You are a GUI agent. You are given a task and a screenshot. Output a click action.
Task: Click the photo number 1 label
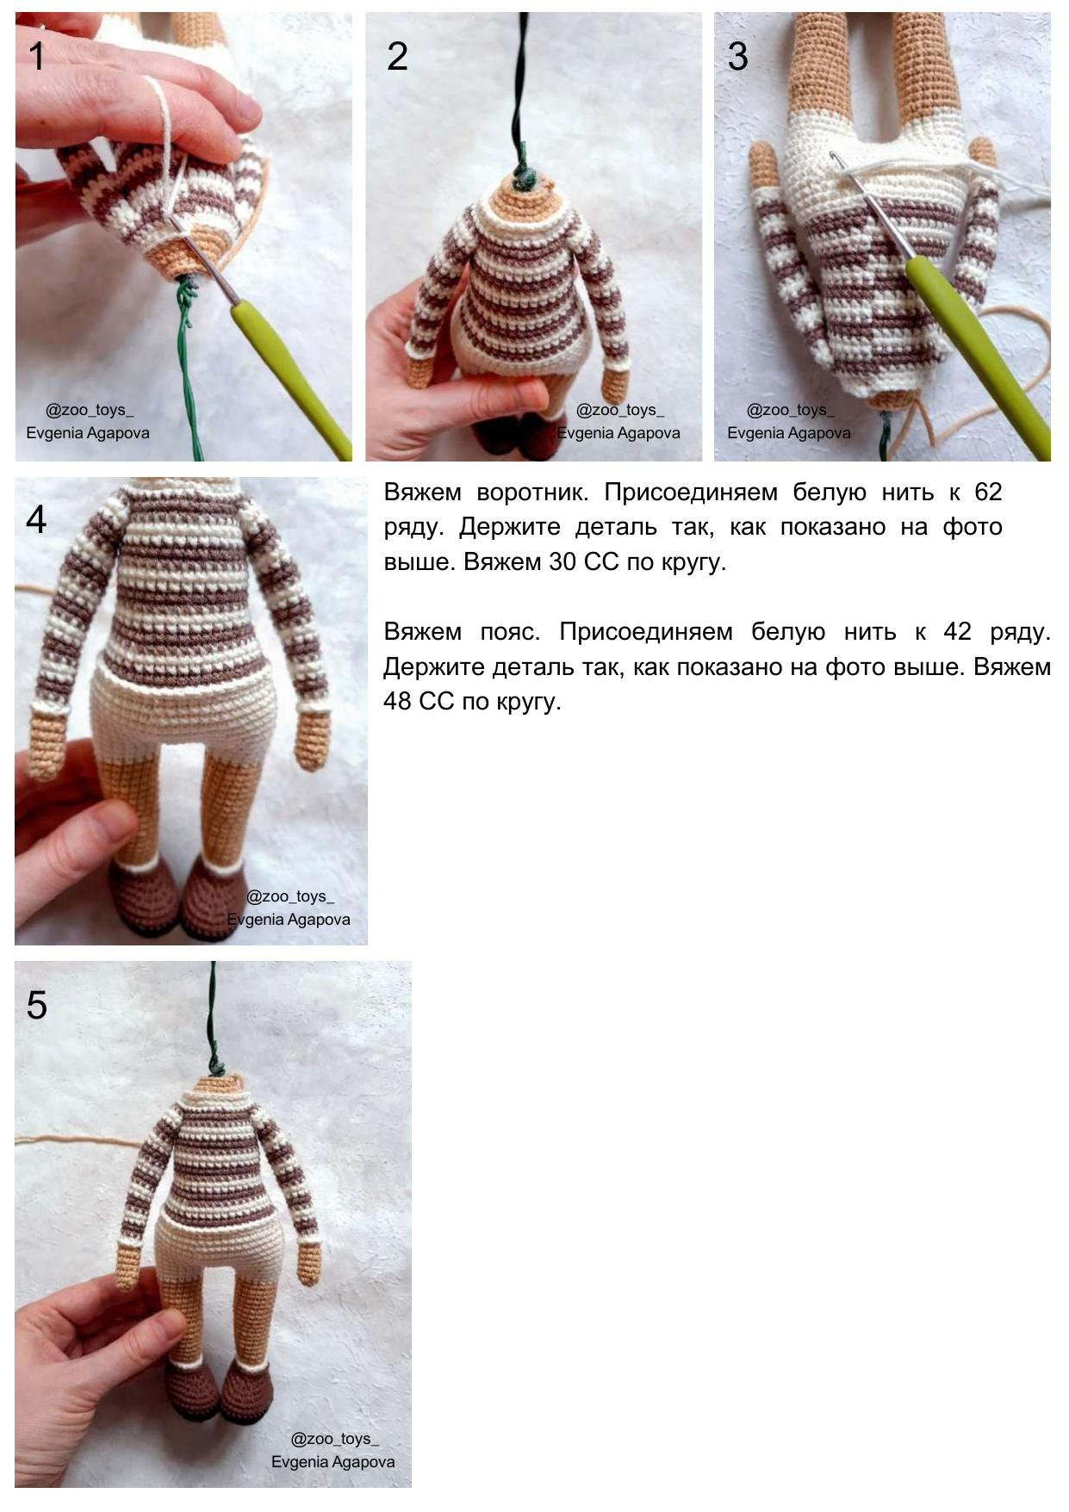click(x=36, y=57)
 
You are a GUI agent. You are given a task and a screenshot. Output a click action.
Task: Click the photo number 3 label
click(x=737, y=57)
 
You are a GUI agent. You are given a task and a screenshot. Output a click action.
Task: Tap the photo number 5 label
click(x=36, y=1006)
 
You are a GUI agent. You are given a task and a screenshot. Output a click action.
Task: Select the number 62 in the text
click(x=988, y=493)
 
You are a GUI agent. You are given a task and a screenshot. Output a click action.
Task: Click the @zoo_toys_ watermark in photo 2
click(x=619, y=411)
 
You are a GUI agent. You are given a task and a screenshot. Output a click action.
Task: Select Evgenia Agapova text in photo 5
click(x=333, y=1462)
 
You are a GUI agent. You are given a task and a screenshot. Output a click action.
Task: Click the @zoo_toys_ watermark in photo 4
click(x=289, y=896)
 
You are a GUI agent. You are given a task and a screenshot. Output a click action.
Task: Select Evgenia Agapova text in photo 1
click(x=88, y=433)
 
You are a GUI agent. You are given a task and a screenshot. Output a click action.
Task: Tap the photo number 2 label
click(x=397, y=57)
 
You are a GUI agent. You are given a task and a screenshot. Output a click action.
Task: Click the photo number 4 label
click(x=36, y=520)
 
